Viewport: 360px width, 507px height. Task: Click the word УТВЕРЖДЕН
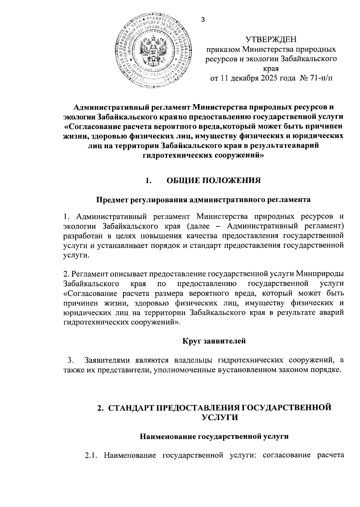click(271, 40)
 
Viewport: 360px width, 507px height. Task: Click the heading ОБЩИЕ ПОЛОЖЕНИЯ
click(213, 181)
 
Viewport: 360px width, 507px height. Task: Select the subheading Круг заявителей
click(214, 341)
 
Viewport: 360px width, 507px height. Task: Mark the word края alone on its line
click(271, 69)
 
